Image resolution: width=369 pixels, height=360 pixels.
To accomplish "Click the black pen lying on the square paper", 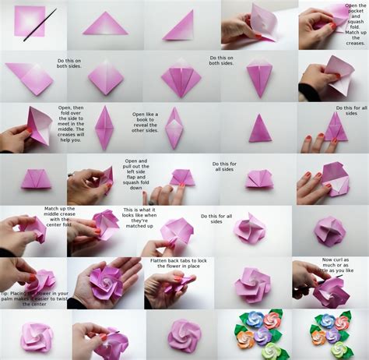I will [40, 24].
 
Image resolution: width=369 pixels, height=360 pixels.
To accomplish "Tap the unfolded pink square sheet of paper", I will [29, 21].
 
